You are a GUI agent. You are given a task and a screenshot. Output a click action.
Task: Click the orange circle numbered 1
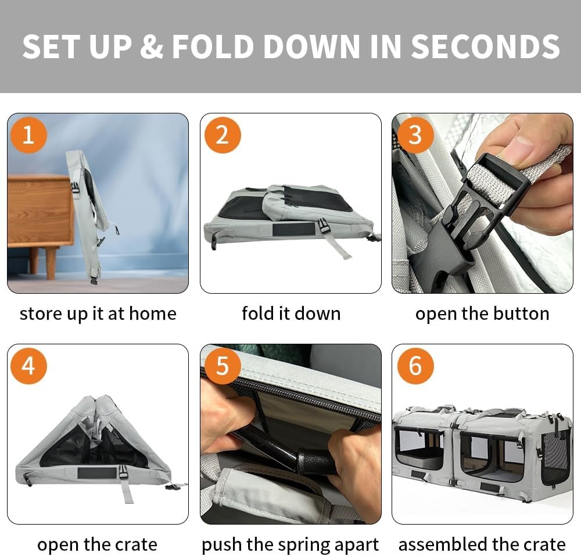click(28, 135)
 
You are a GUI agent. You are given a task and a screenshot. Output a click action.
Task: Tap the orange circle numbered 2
click(223, 135)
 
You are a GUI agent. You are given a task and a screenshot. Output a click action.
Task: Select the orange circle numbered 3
click(415, 135)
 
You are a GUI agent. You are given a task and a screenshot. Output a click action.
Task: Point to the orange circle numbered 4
click(28, 366)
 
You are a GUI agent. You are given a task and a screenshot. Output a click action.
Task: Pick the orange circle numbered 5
click(223, 366)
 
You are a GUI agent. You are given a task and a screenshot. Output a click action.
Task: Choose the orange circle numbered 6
click(415, 366)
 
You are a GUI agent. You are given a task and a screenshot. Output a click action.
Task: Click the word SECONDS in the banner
click(485, 47)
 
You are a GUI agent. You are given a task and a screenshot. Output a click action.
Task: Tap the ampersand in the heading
click(152, 47)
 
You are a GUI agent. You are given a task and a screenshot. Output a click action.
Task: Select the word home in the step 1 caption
click(153, 313)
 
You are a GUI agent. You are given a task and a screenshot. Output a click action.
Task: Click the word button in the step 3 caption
click(521, 313)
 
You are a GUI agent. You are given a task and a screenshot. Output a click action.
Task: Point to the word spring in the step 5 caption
click(303, 546)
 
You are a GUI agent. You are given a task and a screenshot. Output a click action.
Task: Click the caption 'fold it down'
click(291, 313)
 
